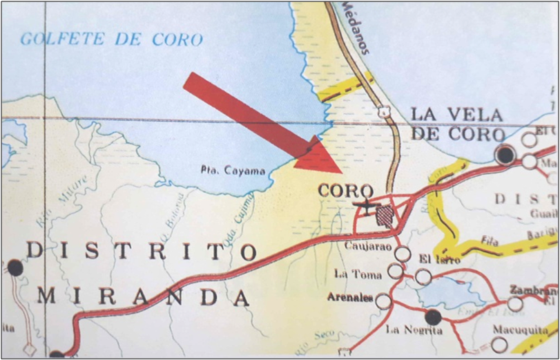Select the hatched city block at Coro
point(384,214)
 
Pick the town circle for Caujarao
point(403,254)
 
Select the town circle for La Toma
point(395,271)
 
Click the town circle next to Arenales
point(383,301)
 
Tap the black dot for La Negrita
point(433,318)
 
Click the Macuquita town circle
point(499,345)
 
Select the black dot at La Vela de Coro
point(506,155)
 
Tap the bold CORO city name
point(346,191)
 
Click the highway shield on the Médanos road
point(383,111)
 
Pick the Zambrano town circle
point(515,303)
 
